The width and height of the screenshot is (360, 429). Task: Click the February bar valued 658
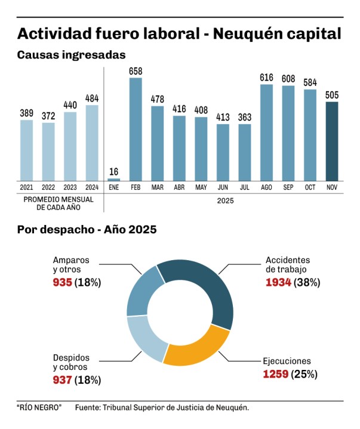[136, 129]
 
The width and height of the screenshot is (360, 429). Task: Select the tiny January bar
[113, 179]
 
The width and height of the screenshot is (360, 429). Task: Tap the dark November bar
[331, 141]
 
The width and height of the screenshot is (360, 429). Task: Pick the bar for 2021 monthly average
[26, 150]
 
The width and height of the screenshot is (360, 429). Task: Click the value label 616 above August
[266, 78]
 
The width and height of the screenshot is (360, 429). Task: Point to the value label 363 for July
[245, 118]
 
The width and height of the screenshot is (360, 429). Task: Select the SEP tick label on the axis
[288, 188]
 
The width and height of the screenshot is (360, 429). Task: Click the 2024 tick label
[92, 188]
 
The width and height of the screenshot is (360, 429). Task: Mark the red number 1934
[278, 282]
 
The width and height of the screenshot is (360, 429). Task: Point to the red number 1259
[276, 374]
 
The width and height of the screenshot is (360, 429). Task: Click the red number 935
[62, 282]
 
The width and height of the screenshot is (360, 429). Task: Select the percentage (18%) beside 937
[87, 379]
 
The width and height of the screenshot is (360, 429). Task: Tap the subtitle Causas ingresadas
[71, 55]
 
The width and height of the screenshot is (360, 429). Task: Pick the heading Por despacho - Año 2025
[87, 229]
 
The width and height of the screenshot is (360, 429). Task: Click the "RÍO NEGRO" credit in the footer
[39, 408]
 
